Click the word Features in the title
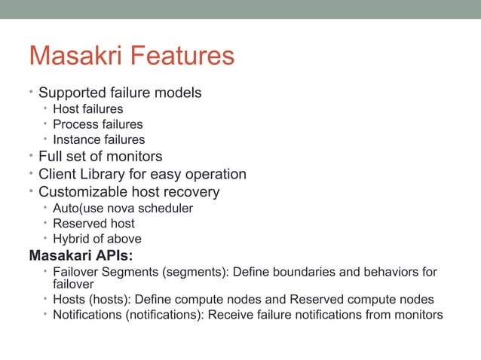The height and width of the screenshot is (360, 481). pyautogui.click(x=181, y=56)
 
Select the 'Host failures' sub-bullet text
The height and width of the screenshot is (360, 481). pyautogui.click(x=87, y=109)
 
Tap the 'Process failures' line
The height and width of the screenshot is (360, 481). pyautogui.click(x=97, y=124)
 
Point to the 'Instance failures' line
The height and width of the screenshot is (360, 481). pyautogui.click(x=99, y=139)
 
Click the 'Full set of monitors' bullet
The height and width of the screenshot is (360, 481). pyautogui.click(x=100, y=157)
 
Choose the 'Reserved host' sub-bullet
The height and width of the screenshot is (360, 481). pyautogui.click(x=93, y=224)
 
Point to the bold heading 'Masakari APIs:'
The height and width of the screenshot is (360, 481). pyautogui.click(x=80, y=255)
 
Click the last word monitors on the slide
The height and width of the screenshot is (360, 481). pyautogui.click(x=418, y=314)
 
